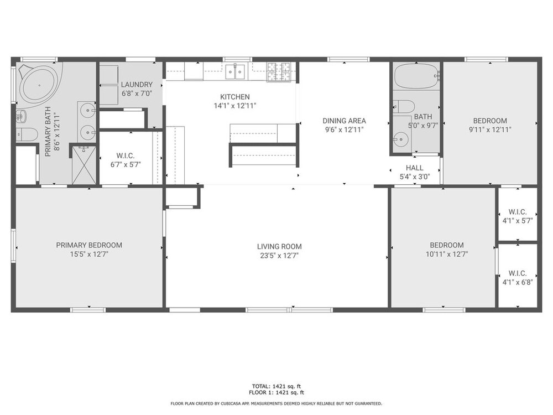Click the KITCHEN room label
pyautogui.click(x=235, y=97)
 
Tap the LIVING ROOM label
pyautogui.click(x=279, y=247)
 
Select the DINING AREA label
pyautogui.click(x=344, y=121)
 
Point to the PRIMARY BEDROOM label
pyautogui.click(x=89, y=245)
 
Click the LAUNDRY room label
pyautogui.click(x=137, y=85)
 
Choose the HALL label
pyautogui.click(x=414, y=168)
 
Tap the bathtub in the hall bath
pyautogui.click(x=416, y=76)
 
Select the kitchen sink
pyautogui.click(x=235, y=72)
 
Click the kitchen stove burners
pyautogui.click(x=279, y=72)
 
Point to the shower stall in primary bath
pyautogui.click(x=84, y=165)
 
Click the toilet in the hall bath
pyautogui.click(x=404, y=106)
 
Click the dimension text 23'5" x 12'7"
pyautogui.click(x=279, y=256)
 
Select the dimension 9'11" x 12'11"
pyautogui.click(x=490, y=129)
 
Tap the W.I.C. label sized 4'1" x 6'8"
pyautogui.click(x=518, y=273)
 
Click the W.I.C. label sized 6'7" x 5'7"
pyautogui.click(x=125, y=155)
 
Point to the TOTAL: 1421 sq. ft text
pyautogui.click(x=276, y=386)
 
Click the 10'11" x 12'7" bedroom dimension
pyautogui.click(x=447, y=254)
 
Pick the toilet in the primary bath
pyautogui.click(x=27, y=134)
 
